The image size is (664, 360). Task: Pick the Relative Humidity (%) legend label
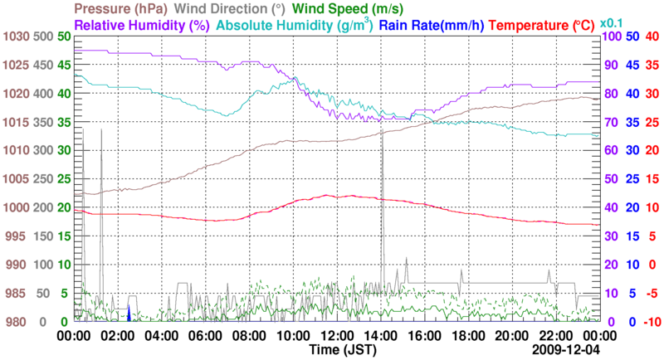(x=141, y=25)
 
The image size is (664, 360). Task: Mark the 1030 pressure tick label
(x=15, y=36)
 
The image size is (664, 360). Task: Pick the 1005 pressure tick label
(x=15, y=179)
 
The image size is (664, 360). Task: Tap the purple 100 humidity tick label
(x=610, y=36)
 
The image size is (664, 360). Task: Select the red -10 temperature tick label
(x=652, y=322)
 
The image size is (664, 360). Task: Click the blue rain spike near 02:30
(x=129, y=314)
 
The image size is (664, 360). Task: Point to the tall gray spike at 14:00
(x=382, y=207)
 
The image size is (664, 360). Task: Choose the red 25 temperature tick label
(x=652, y=122)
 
